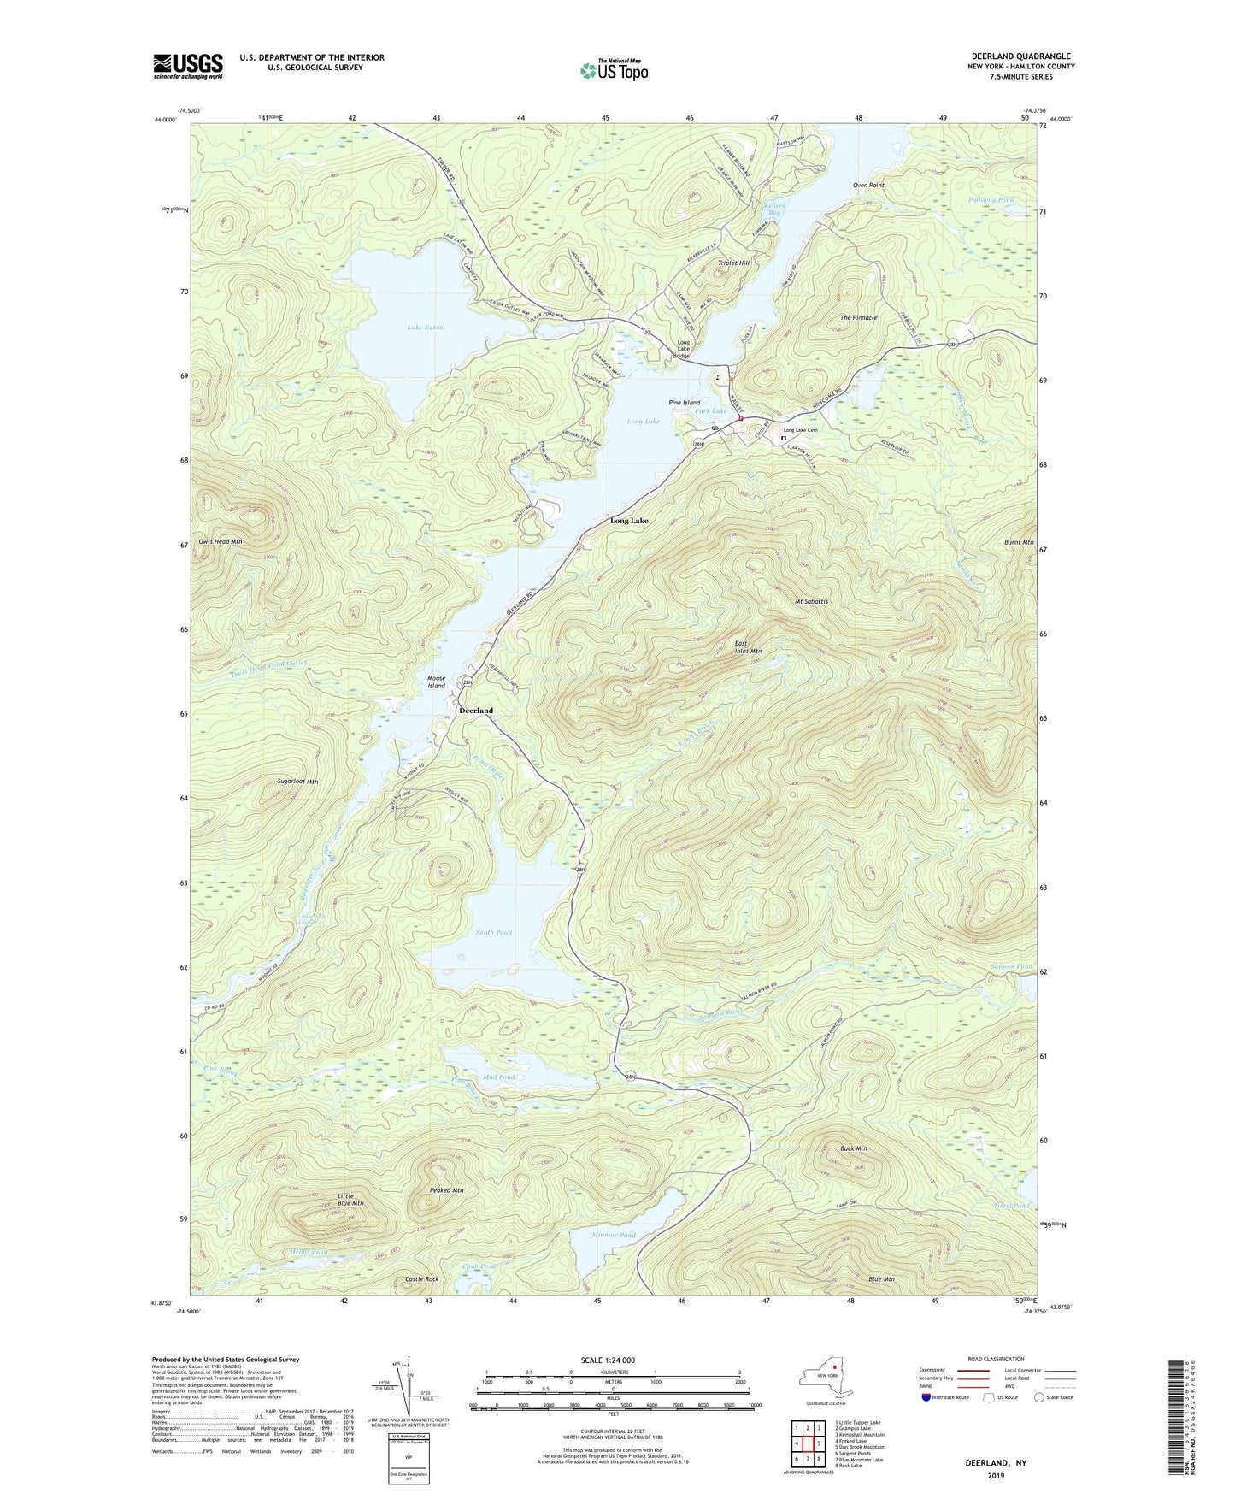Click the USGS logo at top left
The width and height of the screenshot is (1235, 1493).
pos(188,66)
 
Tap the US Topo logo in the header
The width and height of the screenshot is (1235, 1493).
pos(613,70)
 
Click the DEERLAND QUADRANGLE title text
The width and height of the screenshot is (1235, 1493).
pos(1020,56)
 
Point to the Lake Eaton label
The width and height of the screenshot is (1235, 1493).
pos(425,328)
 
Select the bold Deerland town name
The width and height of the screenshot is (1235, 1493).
pos(476,711)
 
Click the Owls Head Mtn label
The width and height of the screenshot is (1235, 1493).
pos(221,541)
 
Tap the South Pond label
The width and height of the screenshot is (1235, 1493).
pos(493,932)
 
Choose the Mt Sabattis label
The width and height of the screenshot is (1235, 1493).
pos(811,601)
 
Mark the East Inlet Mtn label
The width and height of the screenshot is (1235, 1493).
pos(748,647)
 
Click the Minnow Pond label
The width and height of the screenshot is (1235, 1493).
pos(614,1236)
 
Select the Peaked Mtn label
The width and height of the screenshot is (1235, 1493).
pos(446,1190)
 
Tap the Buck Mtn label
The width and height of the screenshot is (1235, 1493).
pos(853,1148)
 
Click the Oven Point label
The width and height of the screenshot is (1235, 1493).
pos(867,185)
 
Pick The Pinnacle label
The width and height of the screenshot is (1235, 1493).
pos(858,317)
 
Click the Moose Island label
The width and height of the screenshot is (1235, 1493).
pos(437,682)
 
